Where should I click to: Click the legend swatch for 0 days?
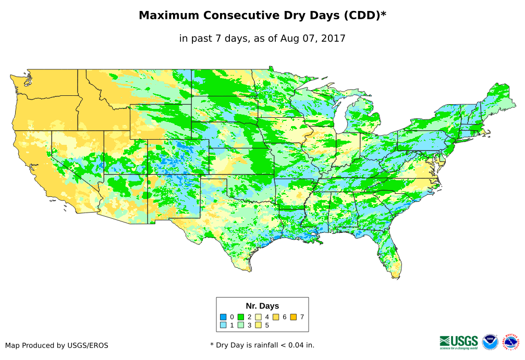point(223,317)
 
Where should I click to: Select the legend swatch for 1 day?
point(223,325)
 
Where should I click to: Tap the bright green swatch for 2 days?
point(241,317)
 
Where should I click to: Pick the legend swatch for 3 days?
point(241,325)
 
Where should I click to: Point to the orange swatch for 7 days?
point(294,317)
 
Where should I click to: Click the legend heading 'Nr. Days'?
point(262,306)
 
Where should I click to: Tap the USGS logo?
point(459,342)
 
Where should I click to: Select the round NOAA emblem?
point(490,342)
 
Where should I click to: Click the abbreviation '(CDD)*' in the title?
point(364,16)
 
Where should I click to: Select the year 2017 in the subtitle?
point(334,38)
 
